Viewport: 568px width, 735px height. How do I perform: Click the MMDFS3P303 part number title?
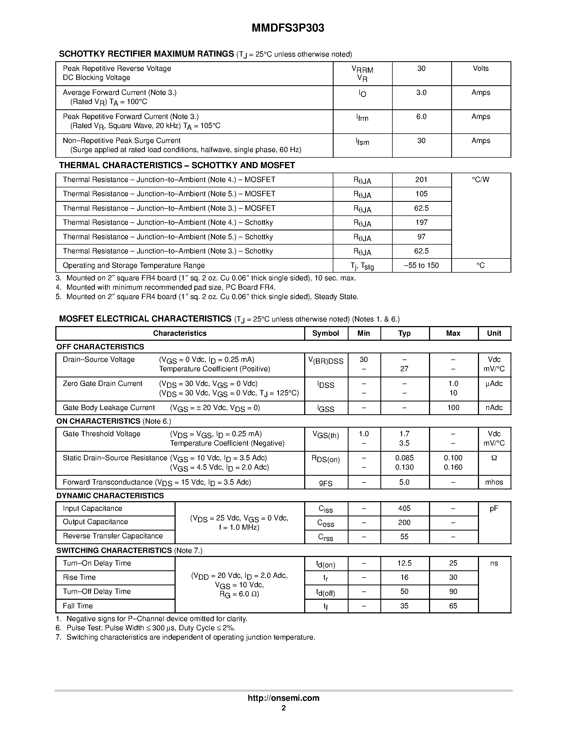(288, 28)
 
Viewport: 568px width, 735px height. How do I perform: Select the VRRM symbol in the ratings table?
(362, 70)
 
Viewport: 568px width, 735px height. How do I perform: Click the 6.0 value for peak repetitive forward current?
(421, 117)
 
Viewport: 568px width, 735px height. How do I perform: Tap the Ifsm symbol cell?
(362, 142)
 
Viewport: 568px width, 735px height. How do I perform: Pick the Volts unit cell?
(481, 69)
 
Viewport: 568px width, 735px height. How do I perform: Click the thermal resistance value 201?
(421, 180)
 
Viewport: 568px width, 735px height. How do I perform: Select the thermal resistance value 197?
(421, 222)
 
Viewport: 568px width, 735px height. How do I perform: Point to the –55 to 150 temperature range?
(421, 265)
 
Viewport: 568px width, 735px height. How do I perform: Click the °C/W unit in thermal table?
(481, 180)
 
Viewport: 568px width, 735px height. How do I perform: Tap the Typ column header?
(404, 333)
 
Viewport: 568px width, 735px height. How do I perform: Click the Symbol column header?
(325, 333)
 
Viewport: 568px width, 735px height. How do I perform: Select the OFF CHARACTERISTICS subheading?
(100, 347)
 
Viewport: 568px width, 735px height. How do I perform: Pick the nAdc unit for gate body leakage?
(494, 408)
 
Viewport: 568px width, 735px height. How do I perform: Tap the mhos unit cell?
(494, 482)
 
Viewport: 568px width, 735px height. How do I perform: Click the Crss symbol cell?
(325, 537)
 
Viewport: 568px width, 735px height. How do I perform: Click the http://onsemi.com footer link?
(283, 698)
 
